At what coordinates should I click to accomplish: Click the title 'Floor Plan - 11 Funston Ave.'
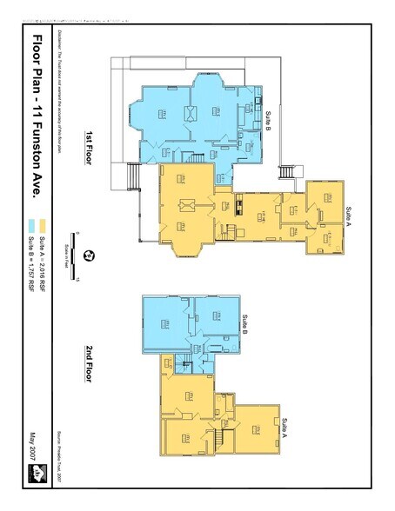(x=37, y=121)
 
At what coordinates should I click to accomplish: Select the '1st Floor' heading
(x=89, y=148)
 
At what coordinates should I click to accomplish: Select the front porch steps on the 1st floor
(x=133, y=178)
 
